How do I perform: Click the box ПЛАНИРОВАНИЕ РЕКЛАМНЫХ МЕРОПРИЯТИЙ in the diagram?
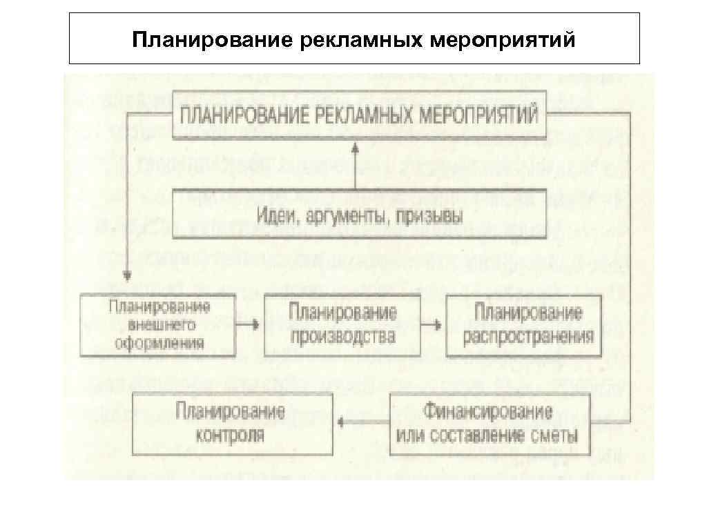pos(359,115)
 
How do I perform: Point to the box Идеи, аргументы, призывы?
pos(359,214)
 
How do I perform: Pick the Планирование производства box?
pos(342,324)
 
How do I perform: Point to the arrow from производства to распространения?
pos(433,324)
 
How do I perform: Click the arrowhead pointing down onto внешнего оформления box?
pos(127,276)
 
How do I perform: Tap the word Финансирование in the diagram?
pos(488,412)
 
